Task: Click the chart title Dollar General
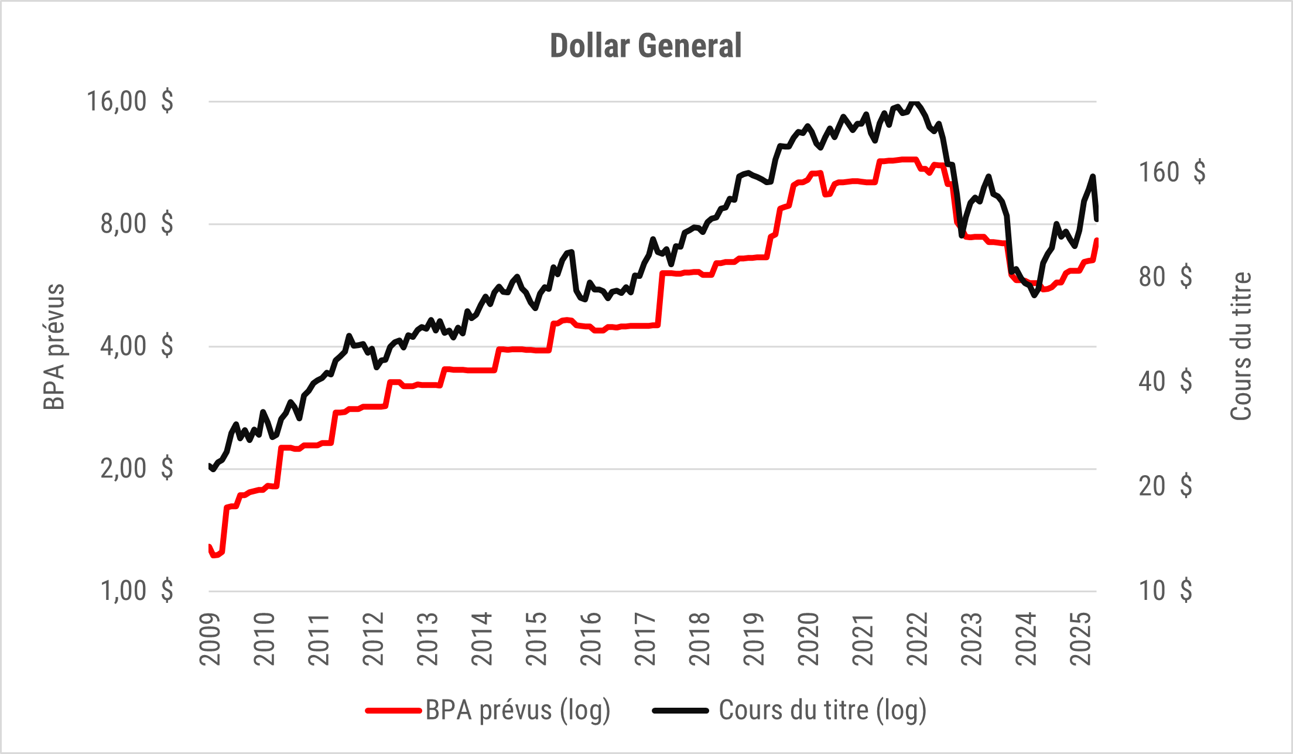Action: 646,46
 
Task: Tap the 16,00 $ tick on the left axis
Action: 130,101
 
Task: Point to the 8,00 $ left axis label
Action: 136,224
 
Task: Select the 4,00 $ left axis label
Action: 136,346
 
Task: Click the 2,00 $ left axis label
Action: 136,469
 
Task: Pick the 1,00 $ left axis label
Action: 136,591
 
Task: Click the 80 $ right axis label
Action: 1165,277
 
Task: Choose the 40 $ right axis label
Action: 1165,381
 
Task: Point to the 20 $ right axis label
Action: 1165,486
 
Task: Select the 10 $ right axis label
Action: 1165,591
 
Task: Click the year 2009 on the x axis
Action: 210,639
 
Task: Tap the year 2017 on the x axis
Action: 645,639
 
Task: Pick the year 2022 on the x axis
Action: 918,639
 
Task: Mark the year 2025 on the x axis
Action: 1080,639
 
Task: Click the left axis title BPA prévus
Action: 54,347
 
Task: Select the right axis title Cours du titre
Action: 1240,347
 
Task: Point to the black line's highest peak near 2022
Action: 914,103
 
